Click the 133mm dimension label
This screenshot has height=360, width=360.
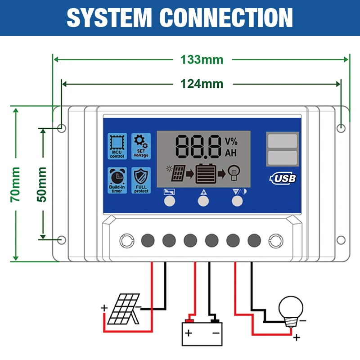click(202, 59)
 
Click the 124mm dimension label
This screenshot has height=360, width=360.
click(202, 83)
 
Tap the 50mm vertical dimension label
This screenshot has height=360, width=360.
click(42, 184)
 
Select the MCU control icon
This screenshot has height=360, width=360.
click(117, 146)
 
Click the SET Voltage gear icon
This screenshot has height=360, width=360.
click(141, 146)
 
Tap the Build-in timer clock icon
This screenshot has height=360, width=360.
click(117, 180)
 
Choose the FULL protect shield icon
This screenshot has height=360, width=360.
click(141, 180)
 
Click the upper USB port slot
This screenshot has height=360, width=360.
click(282, 141)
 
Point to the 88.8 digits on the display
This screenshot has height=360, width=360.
click(198, 146)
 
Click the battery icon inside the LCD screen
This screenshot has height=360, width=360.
click(204, 173)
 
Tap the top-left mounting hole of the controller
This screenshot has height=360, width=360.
click(62, 128)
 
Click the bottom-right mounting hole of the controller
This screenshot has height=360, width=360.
click(342, 240)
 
